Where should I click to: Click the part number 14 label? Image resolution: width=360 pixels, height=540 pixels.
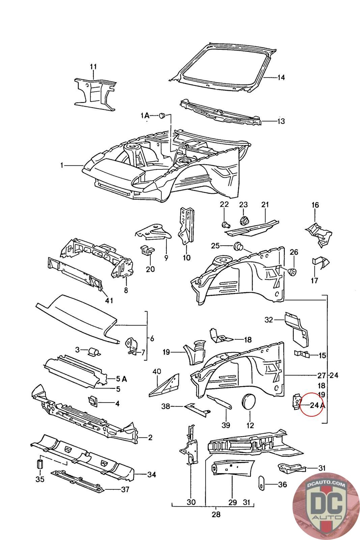(281, 78)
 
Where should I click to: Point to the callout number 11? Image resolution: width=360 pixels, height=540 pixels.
(93, 66)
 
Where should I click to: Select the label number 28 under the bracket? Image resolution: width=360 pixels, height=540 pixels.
(216, 514)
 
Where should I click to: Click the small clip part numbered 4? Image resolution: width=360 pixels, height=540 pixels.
(92, 401)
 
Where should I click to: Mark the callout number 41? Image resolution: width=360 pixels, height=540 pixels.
(109, 300)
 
